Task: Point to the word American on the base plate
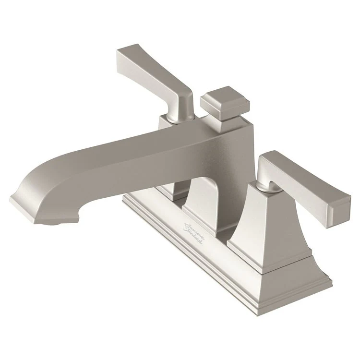[194, 228]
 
